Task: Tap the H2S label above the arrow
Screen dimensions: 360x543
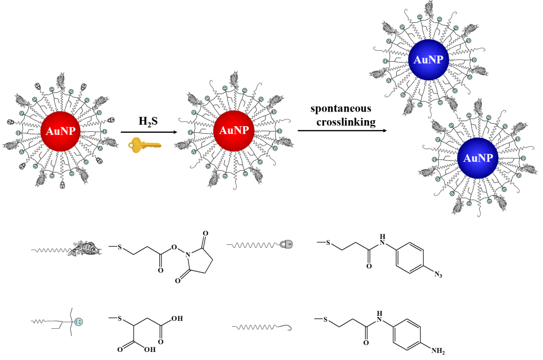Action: [x=148, y=122]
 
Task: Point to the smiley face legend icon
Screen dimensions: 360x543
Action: [x=78, y=321]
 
